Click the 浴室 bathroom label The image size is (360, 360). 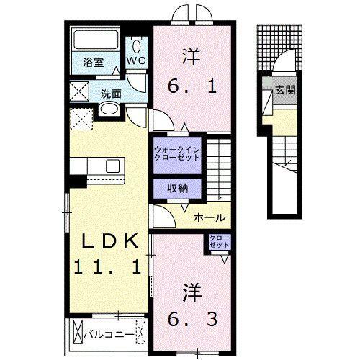[92, 63]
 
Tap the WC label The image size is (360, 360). [136, 61]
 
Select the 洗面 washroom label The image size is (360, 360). [110, 93]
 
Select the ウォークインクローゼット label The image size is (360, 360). [176, 154]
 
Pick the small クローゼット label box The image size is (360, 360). [219, 241]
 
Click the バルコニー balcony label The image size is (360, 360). [108, 334]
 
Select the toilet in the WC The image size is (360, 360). [136, 42]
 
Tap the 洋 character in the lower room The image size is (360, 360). [190, 292]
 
